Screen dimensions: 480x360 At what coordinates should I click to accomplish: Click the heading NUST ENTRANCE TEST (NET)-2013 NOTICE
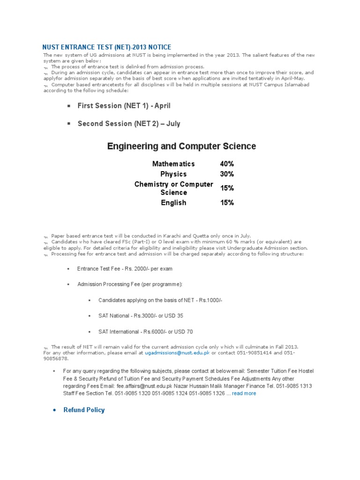pyautogui.click(x=107, y=47)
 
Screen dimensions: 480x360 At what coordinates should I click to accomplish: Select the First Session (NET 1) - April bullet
pyautogui.click(x=124, y=106)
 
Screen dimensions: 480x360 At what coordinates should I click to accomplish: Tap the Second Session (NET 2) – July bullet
pyautogui.click(x=129, y=124)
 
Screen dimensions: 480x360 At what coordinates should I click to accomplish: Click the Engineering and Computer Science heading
pyautogui.click(x=181, y=146)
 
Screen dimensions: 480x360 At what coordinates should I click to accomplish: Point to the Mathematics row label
pyautogui.click(x=173, y=164)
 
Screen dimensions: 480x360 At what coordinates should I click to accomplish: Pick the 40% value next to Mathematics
pyautogui.click(x=227, y=164)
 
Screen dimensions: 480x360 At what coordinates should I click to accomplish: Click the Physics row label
pyautogui.click(x=173, y=174)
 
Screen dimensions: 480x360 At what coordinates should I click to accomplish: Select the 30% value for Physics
pyautogui.click(x=227, y=174)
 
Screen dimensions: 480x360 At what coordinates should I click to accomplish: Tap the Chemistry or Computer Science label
pyautogui.click(x=173, y=188)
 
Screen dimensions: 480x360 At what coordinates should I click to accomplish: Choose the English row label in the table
pyautogui.click(x=173, y=203)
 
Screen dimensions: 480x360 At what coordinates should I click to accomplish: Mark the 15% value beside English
pyautogui.click(x=227, y=203)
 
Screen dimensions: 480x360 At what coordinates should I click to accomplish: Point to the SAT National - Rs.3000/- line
pyautogui.click(x=141, y=316)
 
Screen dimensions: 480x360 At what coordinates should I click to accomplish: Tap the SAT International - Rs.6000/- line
pyautogui.click(x=145, y=331)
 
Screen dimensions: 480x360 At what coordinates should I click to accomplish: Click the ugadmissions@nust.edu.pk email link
pyautogui.click(x=177, y=352)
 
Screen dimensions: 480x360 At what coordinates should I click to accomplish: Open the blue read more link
pyautogui.click(x=244, y=393)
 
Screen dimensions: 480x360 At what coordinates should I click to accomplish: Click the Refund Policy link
pyautogui.click(x=84, y=410)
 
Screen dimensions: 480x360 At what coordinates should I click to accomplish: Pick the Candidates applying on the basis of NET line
pyautogui.click(x=160, y=300)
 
